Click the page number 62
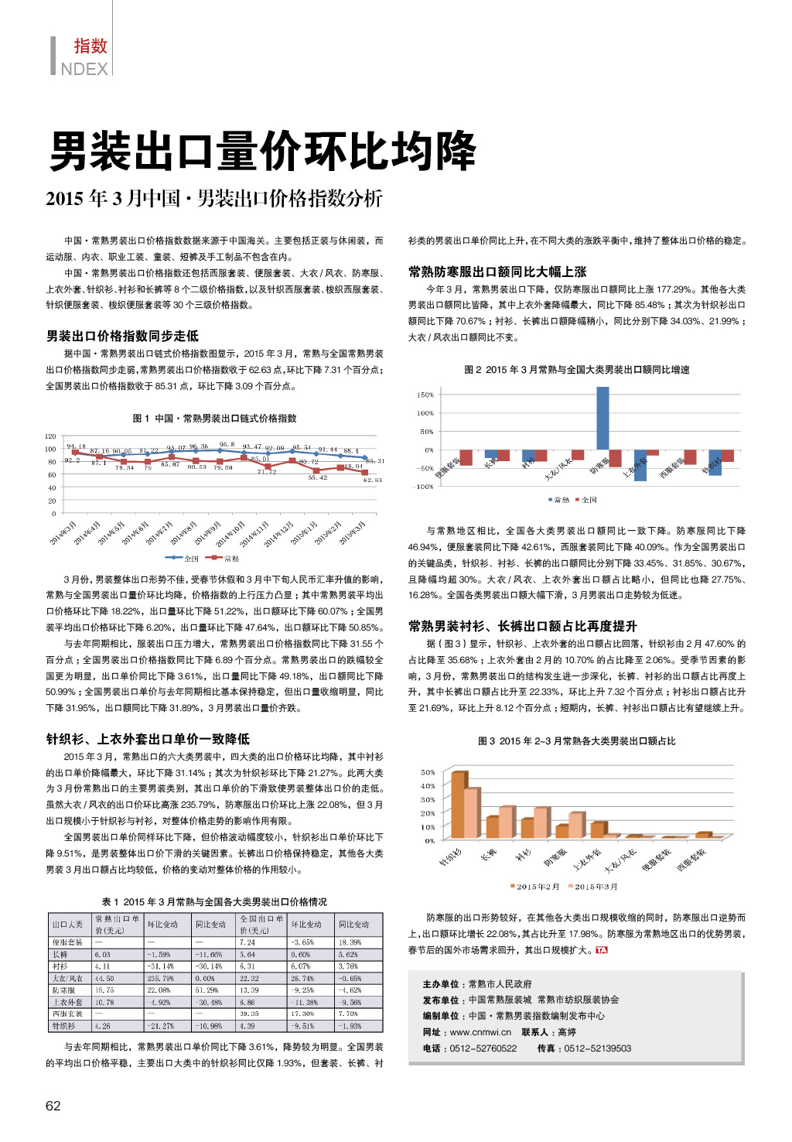[x=53, y=1106]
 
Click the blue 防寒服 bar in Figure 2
[x=603, y=418]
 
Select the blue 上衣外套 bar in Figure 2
[x=640, y=465]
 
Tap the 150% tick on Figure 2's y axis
[x=425, y=395]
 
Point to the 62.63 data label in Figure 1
[x=373, y=480]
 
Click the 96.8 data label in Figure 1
[x=227, y=445]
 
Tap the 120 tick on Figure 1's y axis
[x=50, y=436]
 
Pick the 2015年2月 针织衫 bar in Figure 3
[x=459, y=805]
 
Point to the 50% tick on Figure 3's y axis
[x=428, y=772]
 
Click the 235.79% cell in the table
[x=161, y=979]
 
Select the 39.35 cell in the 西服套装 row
[x=249, y=1014]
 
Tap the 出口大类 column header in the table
[x=68, y=925]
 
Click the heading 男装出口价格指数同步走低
[x=122, y=336]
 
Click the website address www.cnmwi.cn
[x=480, y=1032]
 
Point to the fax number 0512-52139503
[x=597, y=1048]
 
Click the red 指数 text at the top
[x=90, y=46]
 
